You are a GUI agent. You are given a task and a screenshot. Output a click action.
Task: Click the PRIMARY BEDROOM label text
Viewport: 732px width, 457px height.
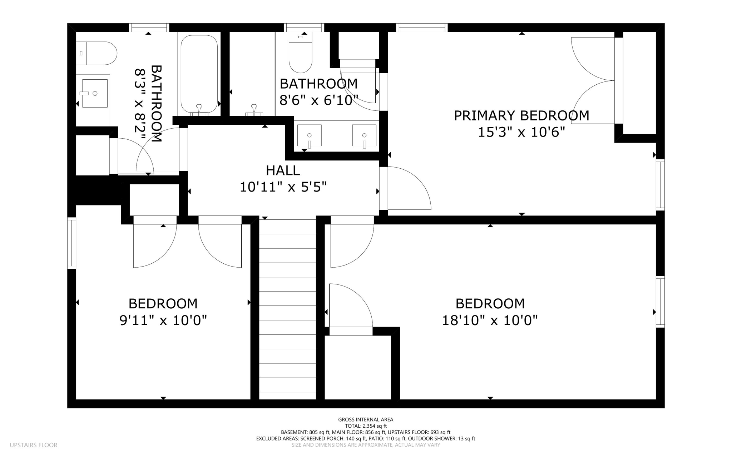pyautogui.click(x=521, y=116)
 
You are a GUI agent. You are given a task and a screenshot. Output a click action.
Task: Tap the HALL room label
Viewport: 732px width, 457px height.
pyautogui.click(x=283, y=170)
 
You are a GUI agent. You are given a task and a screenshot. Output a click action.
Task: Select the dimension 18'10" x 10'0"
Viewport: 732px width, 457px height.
pyautogui.click(x=490, y=321)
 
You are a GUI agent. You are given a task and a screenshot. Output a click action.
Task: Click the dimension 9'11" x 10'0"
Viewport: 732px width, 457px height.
pyautogui.click(x=163, y=321)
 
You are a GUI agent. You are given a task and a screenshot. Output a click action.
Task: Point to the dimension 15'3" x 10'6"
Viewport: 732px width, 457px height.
pyautogui.click(x=521, y=133)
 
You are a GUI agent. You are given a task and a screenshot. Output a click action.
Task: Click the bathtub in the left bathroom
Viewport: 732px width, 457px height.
pyautogui.click(x=199, y=74)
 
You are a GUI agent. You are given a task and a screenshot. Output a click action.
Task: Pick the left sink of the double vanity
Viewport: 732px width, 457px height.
pyautogui.click(x=309, y=136)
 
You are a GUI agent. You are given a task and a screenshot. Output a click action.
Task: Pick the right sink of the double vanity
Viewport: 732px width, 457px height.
pyautogui.click(x=364, y=136)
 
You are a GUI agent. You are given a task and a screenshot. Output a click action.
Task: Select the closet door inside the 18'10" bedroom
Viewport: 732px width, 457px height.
pyautogui.click(x=350, y=306)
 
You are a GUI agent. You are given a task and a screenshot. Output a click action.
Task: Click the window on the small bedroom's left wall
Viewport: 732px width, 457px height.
pyautogui.click(x=72, y=243)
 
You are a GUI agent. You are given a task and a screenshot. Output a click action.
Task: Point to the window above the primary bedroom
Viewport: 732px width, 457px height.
pyautogui.click(x=422, y=28)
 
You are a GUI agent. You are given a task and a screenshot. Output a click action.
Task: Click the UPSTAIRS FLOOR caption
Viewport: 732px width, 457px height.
pyautogui.click(x=34, y=445)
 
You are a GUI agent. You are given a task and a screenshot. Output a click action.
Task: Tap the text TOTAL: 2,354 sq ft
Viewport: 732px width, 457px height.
pyautogui.click(x=366, y=426)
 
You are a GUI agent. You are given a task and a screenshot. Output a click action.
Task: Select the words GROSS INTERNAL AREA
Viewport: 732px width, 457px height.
pyautogui.click(x=366, y=419)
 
